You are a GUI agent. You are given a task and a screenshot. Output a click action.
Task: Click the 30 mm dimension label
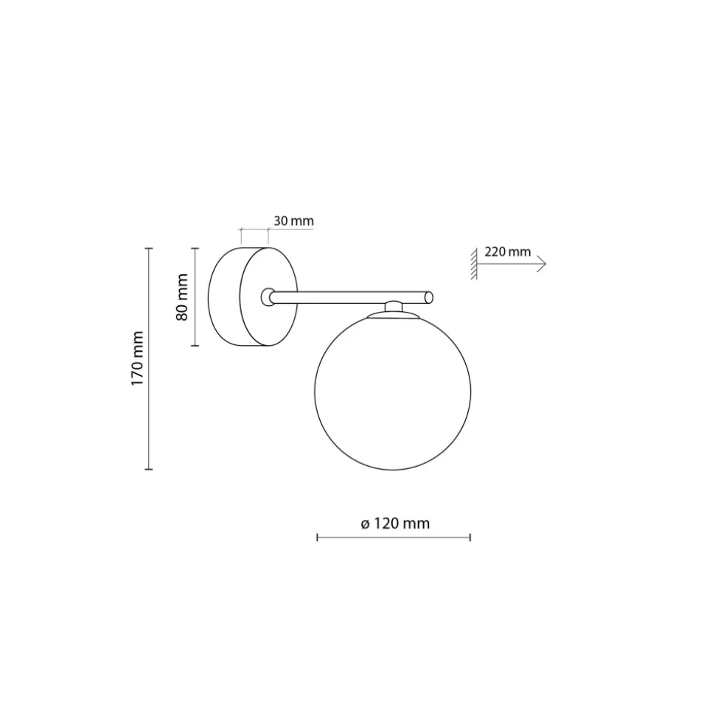coord(293,221)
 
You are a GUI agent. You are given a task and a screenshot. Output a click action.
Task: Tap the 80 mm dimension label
coord(182,297)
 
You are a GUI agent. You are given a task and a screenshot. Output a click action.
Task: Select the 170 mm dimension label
coord(137,358)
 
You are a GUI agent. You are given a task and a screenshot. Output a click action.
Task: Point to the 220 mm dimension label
coord(507,251)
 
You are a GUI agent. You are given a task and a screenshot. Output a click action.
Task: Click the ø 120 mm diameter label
coord(395,524)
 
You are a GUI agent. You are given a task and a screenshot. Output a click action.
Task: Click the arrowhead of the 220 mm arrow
coord(542,264)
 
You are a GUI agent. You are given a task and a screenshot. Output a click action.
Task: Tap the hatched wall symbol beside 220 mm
coord(474,264)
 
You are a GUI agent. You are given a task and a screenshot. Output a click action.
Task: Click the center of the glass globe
coord(393,392)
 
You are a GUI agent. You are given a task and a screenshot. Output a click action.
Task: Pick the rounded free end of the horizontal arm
coord(428,297)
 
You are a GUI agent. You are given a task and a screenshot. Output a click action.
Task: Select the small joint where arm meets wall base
coord(268,297)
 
